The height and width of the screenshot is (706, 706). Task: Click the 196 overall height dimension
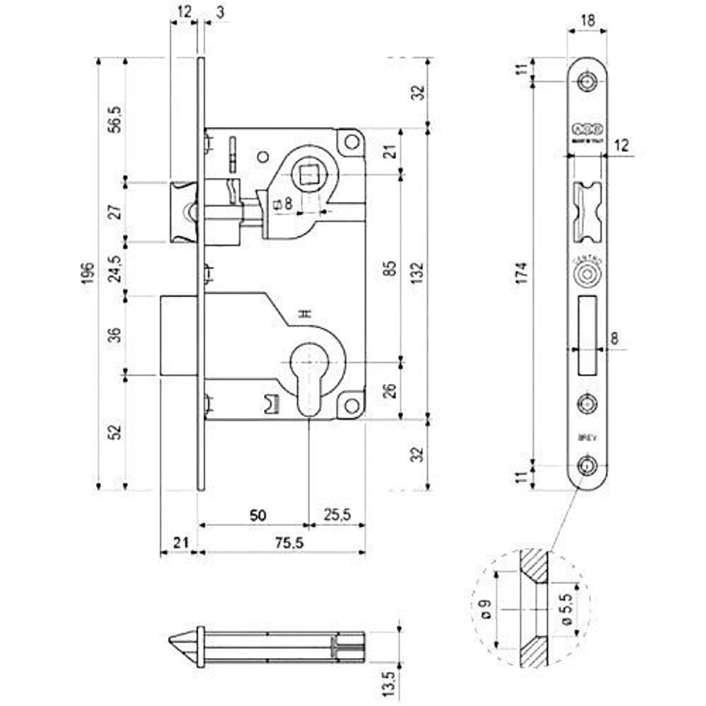(87, 273)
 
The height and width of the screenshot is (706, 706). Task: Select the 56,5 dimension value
(116, 120)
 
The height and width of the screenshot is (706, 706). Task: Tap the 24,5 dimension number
(116, 268)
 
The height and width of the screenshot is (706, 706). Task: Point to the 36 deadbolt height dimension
(116, 333)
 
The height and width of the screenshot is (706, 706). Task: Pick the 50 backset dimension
(257, 515)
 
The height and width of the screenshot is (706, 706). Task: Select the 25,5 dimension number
(337, 515)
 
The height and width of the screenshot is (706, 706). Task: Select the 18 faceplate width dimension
(587, 20)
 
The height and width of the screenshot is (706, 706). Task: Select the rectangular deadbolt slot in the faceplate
(587, 336)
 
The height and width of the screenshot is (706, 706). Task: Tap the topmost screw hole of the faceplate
(587, 82)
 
